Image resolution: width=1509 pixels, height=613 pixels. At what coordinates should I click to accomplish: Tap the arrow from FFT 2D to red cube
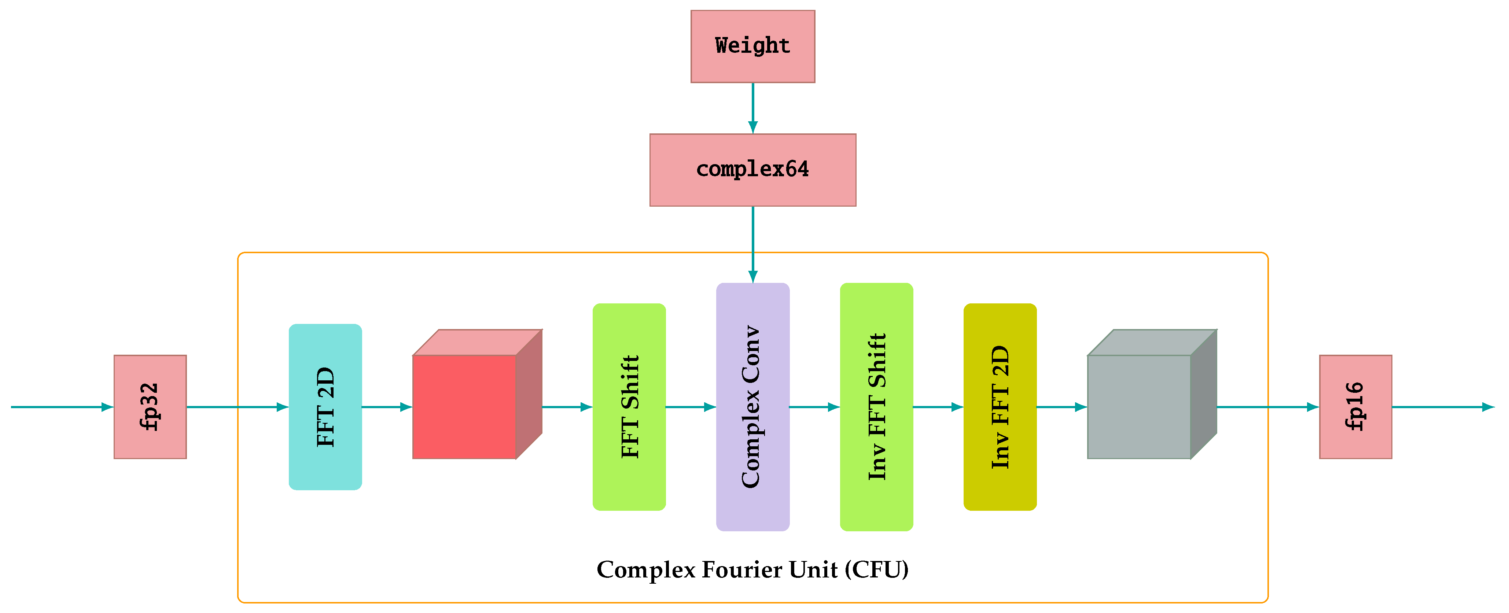pos(387,407)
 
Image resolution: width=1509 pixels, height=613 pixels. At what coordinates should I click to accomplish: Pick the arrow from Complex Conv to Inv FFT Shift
pos(814,407)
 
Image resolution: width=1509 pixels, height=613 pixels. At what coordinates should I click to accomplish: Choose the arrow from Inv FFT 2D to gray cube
pos(1061,407)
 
